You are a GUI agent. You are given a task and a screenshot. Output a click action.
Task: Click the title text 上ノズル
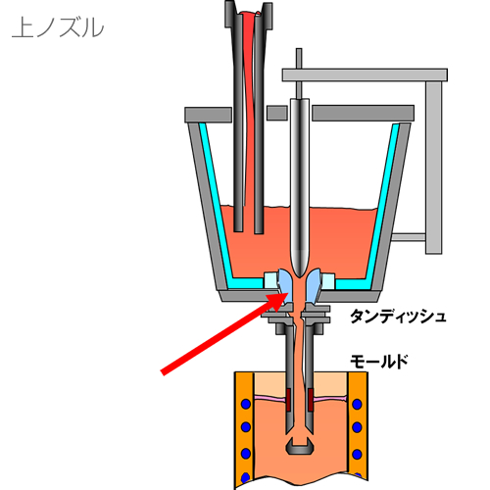(58, 27)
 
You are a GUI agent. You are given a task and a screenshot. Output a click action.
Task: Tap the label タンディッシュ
(398, 316)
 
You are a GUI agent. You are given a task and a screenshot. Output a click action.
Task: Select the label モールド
(379, 362)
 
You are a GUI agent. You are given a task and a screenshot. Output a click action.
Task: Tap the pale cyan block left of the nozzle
(270, 280)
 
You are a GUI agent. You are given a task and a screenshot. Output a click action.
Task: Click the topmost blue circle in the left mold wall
(246, 404)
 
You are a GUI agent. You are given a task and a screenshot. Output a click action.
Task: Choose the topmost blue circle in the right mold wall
(357, 404)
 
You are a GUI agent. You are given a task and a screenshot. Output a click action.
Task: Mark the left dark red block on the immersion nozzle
(289, 400)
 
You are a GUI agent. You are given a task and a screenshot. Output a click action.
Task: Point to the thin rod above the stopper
(299, 73)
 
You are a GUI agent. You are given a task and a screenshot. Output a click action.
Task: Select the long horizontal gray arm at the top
(365, 74)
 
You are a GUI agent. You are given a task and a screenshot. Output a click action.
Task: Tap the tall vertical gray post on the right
(434, 168)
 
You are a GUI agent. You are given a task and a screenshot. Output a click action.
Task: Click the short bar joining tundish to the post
(408, 237)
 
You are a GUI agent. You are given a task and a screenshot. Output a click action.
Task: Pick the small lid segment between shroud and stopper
(277, 113)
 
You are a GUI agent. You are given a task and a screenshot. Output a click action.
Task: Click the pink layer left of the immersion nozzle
(270, 398)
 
